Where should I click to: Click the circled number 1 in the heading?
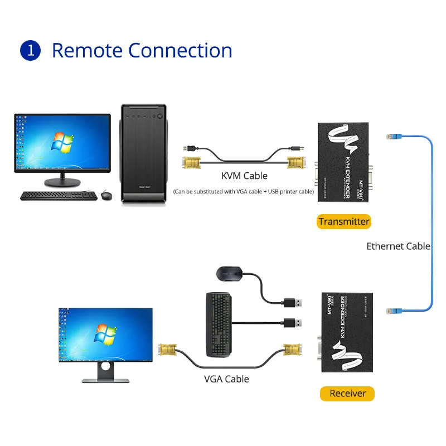[x=31, y=50]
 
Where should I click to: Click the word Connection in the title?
[x=180, y=50]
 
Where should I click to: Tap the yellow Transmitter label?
[x=344, y=221]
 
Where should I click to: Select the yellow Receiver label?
[x=347, y=393]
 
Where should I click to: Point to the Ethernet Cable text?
[x=398, y=246]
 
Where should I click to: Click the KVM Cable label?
[x=244, y=176]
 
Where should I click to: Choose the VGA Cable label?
[x=226, y=379]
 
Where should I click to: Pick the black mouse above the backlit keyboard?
[x=229, y=274]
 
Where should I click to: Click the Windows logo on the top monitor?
[x=62, y=142]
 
